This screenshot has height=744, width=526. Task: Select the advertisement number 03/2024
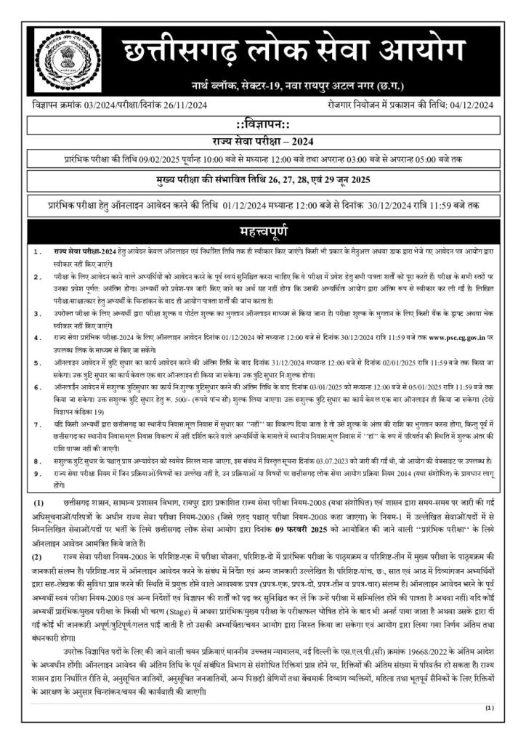[x=100, y=106]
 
